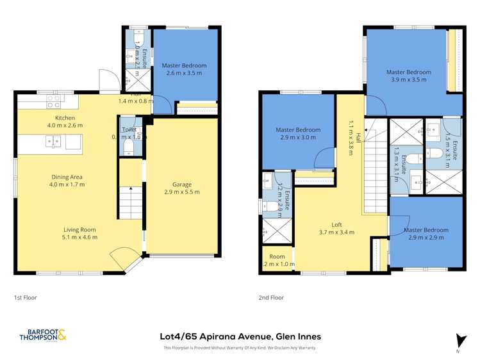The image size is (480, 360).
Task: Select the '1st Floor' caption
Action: coord(26,298)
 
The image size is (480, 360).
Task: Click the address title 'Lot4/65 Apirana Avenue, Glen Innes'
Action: coord(240,336)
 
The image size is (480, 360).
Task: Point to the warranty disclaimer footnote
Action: coord(240,348)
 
